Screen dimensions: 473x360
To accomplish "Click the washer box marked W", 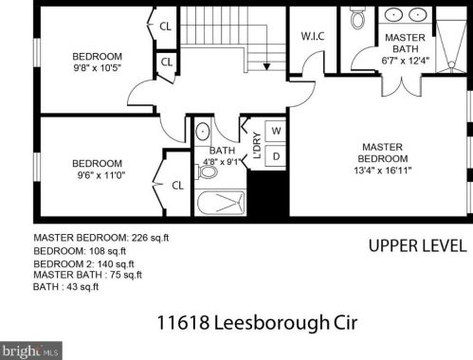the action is (276, 131).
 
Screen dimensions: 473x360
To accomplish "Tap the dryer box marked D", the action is (276, 156).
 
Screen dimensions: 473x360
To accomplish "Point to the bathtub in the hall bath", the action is (221, 202).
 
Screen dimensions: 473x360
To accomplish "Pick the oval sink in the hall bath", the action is (202, 132).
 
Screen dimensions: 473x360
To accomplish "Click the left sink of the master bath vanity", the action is (393, 14).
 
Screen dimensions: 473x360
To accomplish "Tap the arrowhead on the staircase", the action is (266, 67).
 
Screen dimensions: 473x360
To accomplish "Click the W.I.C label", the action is (313, 36).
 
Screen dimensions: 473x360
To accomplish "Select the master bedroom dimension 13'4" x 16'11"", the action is (382, 171).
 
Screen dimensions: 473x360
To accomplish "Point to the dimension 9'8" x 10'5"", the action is (98, 68).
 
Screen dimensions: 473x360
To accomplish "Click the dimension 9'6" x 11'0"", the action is (101, 174).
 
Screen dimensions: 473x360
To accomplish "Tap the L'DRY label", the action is (258, 145).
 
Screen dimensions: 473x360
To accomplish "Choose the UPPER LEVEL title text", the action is (417, 245).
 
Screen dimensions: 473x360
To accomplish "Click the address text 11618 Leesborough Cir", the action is (257, 323).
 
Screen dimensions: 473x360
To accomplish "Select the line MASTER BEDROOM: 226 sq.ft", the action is (101, 238).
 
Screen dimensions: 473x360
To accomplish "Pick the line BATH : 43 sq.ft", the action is (65, 287).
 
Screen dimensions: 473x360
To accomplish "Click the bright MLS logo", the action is (31, 351).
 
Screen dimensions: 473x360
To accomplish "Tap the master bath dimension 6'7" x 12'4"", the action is (406, 61).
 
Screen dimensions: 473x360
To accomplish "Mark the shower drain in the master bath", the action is (451, 64).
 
